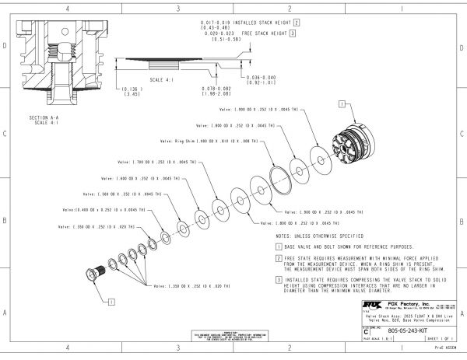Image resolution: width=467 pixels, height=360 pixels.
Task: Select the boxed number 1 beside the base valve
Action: point(342,103)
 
